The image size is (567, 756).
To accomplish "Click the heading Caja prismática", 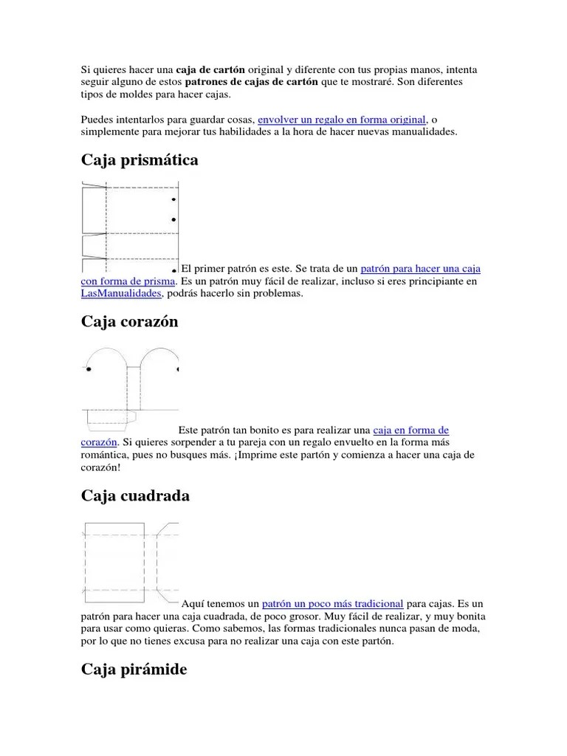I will (x=140, y=160).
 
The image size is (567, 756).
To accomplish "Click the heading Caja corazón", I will (x=129, y=322).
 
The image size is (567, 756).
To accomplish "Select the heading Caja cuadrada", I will (x=135, y=495).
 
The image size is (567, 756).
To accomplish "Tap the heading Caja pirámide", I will (x=134, y=670).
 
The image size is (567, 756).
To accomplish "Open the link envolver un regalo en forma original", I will (x=342, y=120).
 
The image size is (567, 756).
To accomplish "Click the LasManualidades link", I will (x=121, y=294).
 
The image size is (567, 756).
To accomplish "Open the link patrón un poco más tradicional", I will (x=332, y=604).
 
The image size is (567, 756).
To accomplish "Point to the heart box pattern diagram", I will (x=130, y=387).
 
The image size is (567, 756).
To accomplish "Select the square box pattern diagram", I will (x=130, y=561).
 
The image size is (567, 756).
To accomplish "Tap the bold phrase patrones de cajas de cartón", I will (x=251, y=82).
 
